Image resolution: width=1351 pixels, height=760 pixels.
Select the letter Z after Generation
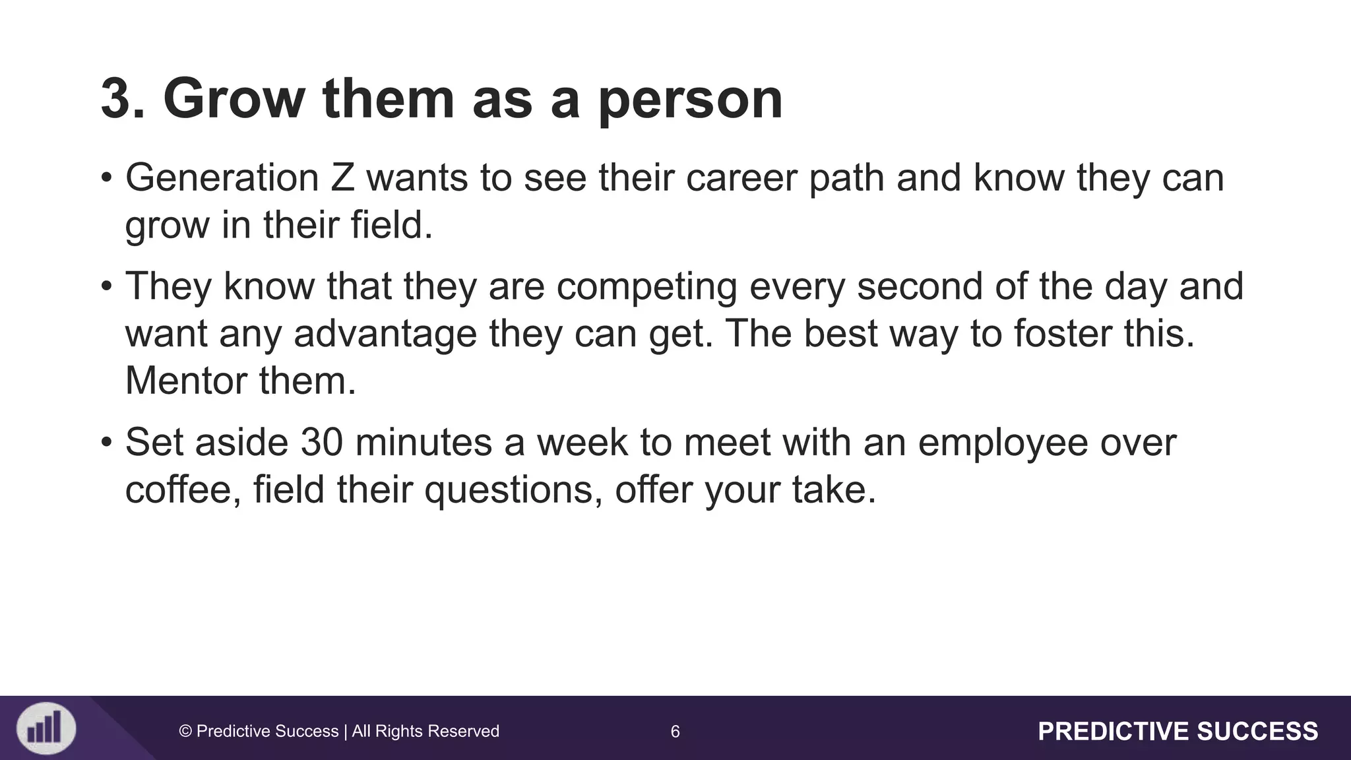click(x=342, y=178)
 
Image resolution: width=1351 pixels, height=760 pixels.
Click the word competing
click(x=646, y=288)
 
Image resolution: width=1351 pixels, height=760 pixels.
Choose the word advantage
click(x=385, y=334)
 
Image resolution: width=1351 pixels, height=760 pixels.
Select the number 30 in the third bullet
click(x=322, y=442)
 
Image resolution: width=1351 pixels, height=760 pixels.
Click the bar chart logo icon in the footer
click(x=46, y=729)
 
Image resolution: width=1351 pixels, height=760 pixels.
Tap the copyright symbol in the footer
click(x=185, y=731)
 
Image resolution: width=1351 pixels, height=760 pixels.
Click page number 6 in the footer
click(x=675, y=731)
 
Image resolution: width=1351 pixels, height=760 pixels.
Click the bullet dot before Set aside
click(x=106, y=443)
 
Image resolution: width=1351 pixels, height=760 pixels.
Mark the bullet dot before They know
click(x=106, y=288)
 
